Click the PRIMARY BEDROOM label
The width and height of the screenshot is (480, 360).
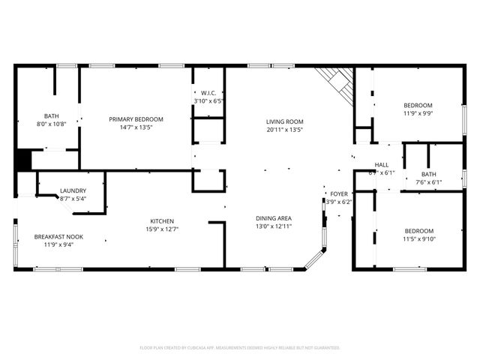136,119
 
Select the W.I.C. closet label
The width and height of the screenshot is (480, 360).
208,93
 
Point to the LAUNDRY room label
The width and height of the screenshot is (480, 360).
73,190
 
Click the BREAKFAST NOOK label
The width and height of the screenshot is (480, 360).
58,237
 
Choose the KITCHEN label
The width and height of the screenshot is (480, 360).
163,221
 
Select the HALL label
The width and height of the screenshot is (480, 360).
382,165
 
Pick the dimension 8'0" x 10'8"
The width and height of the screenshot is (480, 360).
51,124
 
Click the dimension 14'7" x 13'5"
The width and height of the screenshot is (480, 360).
136,127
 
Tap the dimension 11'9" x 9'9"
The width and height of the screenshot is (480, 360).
418,113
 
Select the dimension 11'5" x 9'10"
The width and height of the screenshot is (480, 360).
418,238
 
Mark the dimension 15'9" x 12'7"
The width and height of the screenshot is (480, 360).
163,229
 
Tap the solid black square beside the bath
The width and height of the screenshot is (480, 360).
22,160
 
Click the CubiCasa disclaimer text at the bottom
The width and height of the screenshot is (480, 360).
240,348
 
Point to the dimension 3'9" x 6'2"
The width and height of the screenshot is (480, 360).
338,202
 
